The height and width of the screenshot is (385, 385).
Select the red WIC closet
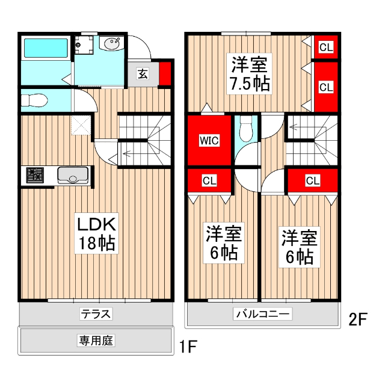coord(209,140)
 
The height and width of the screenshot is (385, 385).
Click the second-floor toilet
coord(245,128)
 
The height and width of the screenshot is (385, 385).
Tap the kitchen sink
coord(73,176)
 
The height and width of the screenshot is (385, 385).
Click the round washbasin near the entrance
coord(111,44)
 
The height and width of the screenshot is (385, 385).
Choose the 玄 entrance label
coord(143,74)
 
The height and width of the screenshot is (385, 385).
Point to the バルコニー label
coord(263,313)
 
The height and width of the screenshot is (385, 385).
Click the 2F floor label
coord(357,319)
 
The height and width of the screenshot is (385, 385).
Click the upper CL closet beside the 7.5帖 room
coord(325,47)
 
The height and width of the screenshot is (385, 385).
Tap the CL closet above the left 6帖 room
coord(209,180)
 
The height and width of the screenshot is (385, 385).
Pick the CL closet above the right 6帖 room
coord(312,180)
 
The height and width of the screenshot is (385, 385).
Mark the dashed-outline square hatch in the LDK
coord(80,125)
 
